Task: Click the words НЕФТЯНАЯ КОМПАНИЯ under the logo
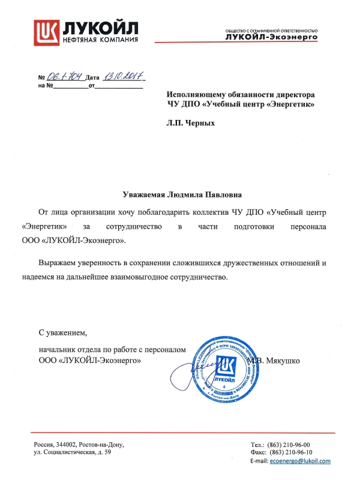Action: [x=101, y=40]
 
